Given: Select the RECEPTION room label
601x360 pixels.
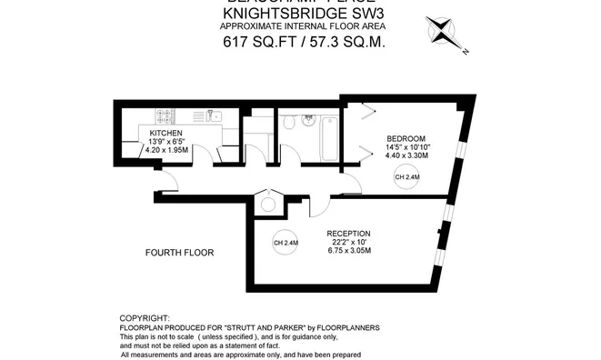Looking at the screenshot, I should [349, 234].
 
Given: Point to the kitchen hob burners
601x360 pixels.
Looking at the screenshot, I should [165, 115].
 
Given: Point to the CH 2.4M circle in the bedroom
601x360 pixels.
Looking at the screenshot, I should [407, 179].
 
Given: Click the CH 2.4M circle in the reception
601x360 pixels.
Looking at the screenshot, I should [285, 243].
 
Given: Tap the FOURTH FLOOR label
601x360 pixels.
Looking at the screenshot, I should [180, 252].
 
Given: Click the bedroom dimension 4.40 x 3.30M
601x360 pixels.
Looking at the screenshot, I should [406, 155].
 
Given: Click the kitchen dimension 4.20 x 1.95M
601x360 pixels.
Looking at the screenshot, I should [166, 151].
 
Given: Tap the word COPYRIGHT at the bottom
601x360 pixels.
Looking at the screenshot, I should [145, 318].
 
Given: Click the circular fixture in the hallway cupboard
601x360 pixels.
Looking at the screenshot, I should [268, 204].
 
